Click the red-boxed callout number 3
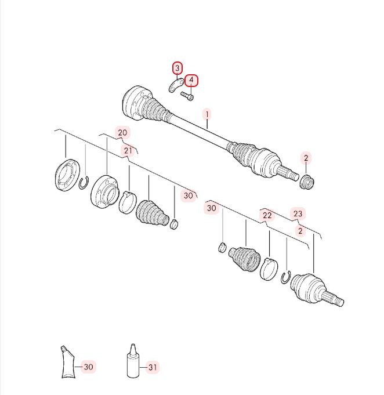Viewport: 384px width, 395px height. point(177,68)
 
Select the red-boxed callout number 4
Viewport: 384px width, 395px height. point(191,81)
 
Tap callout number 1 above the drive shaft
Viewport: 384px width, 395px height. point(207,115)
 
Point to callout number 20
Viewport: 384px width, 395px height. point(122,133)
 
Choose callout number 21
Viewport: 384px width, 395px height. point(128,151)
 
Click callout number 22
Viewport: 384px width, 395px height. point(267,215)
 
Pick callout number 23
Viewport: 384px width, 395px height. point(298,213)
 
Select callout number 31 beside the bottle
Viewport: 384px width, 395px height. point(153,367)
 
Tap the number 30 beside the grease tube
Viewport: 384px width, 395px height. point(88,367)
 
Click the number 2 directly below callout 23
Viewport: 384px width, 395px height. point(300,231)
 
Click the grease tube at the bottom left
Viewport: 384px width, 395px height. point(68,363)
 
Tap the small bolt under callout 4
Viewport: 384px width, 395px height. point(187,96)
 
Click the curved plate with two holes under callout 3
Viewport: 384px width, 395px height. point(176,85)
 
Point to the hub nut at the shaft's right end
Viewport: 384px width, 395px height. point(307,182)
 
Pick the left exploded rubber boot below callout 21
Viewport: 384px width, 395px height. point(152,213)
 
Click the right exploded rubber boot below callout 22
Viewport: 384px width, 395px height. point(244,259)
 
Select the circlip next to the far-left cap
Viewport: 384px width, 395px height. point(84,182)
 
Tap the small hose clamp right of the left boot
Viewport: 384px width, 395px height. point(175,224)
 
